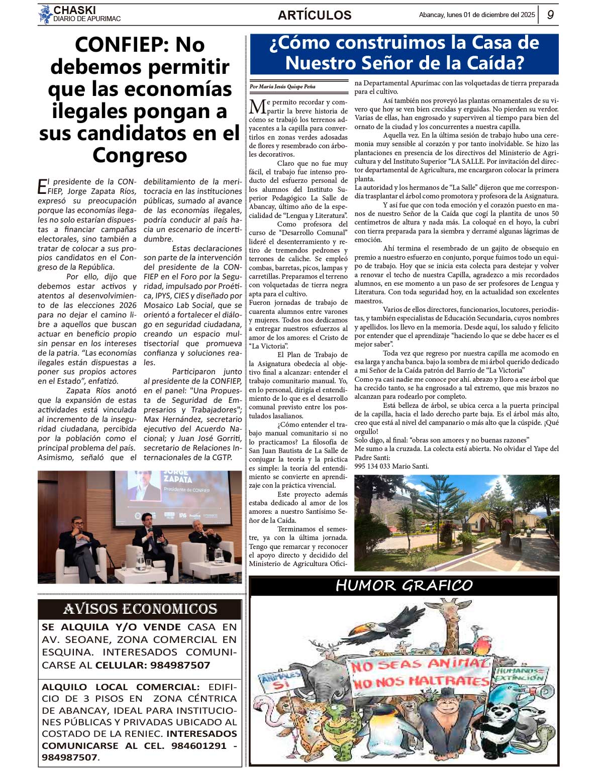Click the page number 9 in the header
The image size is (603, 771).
point(550,15)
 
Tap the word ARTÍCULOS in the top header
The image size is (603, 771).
point(315,15)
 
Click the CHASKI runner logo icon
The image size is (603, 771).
point(45,14)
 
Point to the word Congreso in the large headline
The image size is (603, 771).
point(140,155)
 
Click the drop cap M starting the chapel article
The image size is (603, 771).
point(257,107)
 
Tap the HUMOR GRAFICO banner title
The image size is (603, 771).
point(404,586)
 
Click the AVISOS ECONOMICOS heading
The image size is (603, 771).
point(140,609)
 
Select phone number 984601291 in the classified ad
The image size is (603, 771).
point(199,745)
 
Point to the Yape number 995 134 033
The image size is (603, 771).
point(371,466)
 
